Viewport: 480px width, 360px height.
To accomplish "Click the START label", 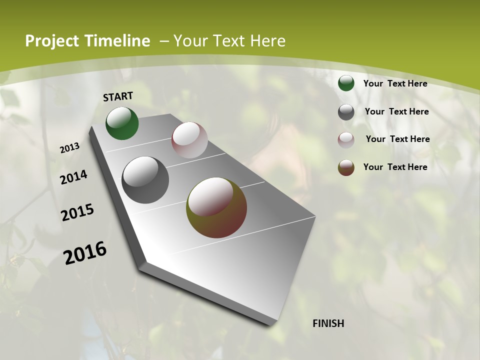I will [118, 96].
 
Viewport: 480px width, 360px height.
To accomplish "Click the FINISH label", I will [328, 323].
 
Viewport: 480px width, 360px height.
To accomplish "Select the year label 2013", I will [70, 148].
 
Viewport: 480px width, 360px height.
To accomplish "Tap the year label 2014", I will [74, 177].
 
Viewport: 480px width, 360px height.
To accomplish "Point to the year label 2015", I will [77, 212].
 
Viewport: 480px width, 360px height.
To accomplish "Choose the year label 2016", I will [85, 253].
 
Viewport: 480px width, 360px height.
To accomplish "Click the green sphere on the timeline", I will [122, 123].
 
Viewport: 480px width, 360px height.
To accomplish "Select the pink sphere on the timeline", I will [189, 140].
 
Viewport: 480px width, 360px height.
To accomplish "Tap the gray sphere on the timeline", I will [145, 180].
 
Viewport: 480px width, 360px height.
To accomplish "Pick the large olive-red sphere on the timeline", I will [216, 207].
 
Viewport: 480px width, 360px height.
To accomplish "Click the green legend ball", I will [346, 83].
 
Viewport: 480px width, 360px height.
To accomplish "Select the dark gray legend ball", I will [346, 112].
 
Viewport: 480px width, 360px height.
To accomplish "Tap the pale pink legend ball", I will [346, 139].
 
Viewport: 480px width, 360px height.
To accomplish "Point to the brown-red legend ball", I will [346, 167].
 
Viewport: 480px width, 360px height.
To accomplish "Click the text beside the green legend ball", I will [395, 83].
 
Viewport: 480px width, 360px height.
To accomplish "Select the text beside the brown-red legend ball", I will [395, 167].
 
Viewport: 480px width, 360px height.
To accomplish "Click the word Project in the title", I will [51, 41].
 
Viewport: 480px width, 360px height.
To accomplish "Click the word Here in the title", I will [267, 41].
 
